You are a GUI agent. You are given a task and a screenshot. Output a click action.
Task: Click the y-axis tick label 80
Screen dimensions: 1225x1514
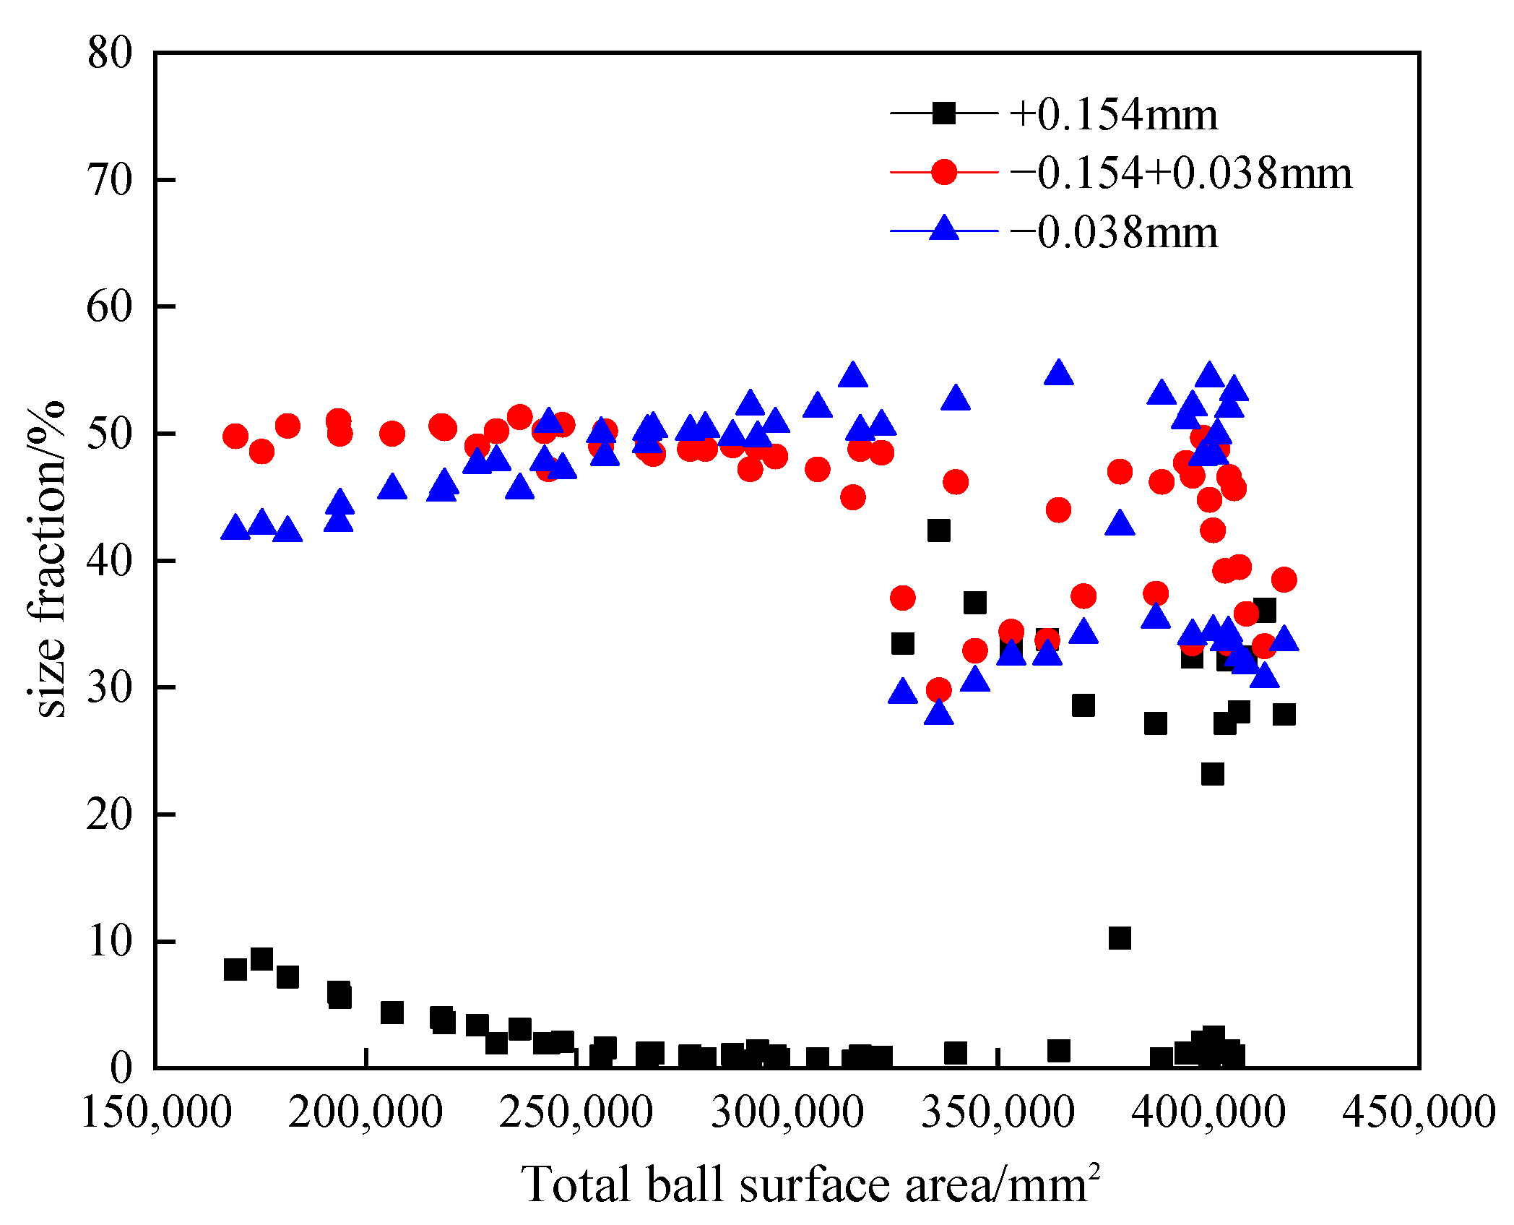tap(110, 53)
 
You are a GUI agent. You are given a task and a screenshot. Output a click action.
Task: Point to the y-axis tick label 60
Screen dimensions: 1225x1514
tap(110, 306)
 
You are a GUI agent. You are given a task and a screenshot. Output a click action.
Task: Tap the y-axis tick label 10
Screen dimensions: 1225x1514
tap(110, 941)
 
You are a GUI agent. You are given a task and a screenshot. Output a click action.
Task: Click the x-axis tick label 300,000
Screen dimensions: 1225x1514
tap(787, 1112)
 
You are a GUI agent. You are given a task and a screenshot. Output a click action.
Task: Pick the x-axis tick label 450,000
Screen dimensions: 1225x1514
tap(1418, 1112)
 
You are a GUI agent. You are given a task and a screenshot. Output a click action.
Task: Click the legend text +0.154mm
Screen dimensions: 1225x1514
tap(1113, 115)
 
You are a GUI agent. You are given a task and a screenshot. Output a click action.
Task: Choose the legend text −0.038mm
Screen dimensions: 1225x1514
tap(1113, 233)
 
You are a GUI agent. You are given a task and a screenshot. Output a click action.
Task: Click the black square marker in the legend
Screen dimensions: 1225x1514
tap(943, 113)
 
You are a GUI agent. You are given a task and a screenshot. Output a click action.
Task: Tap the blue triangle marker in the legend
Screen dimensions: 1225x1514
tap(943, 228)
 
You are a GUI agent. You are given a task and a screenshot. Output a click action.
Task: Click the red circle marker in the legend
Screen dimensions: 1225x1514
tap(943, 172)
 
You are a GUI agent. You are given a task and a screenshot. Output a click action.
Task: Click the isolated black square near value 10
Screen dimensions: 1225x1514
tap(1119, 938)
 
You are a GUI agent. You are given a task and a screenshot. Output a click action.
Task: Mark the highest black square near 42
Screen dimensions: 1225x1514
tap(938, 530)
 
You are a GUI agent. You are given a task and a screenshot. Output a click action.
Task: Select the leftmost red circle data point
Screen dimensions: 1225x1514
tap(235, 436)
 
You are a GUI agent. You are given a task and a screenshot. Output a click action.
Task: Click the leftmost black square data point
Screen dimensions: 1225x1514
tap(235, 969)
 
